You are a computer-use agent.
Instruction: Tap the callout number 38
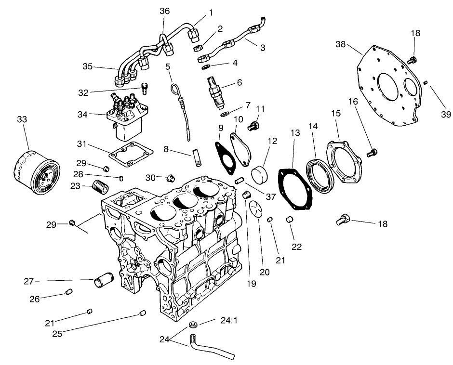click(341, 44)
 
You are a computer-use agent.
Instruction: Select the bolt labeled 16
click(372, 153)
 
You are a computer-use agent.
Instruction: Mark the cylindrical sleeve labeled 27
click(103, 280)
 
